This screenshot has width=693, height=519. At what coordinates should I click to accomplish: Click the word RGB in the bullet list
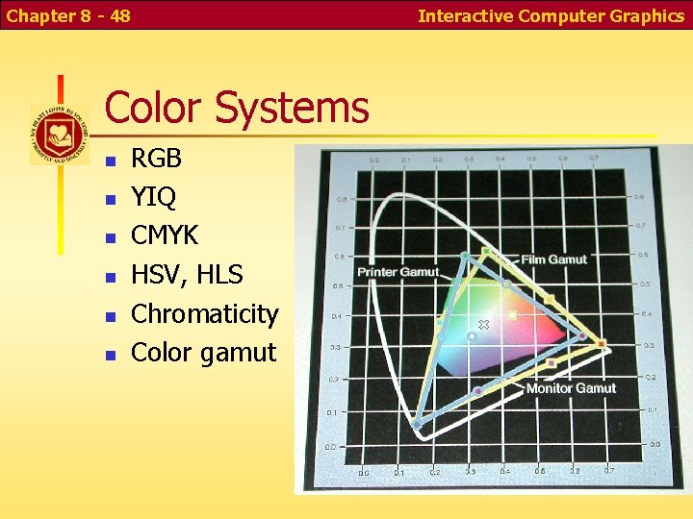[x=156, y=159]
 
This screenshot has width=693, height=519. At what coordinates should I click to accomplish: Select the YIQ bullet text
[x=153, y=198]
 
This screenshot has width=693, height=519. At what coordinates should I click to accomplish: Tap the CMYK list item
[x=165, y=236]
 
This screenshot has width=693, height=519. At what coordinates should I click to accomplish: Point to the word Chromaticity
[x=204, y=314]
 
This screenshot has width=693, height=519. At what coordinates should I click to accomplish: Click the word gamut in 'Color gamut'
[x=238, y=354]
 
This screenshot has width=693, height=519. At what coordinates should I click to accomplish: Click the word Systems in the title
[x=292, y=108]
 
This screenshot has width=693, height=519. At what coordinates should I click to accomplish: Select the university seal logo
[x=59, y=134]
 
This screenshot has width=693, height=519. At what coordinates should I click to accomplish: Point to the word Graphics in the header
[x=647, y=15]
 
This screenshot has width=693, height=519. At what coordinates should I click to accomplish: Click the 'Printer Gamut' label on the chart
[x=398, y=273]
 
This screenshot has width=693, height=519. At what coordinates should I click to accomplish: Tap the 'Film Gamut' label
[x=554, y=259]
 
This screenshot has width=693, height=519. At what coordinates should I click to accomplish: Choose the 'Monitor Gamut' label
[x=571, y=387]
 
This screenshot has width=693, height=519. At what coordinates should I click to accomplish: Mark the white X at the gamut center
[x=484, y=325]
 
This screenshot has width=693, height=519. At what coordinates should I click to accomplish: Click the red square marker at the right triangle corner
[x=602, y=343]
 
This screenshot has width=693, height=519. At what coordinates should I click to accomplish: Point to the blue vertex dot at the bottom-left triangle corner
[x=417, y=423]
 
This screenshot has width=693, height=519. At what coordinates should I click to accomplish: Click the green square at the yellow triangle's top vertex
[x=486, y=252]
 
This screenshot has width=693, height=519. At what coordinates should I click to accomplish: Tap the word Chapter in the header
[x=38, y=15]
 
